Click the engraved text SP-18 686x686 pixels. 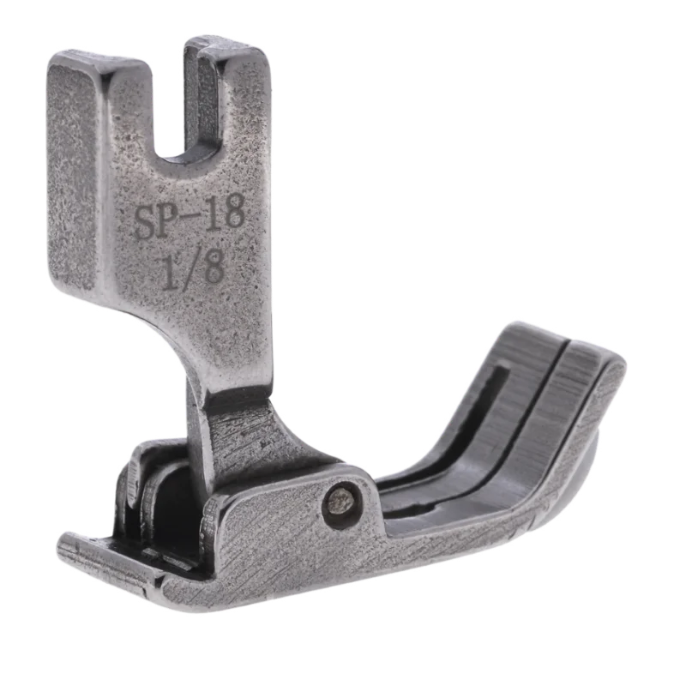(190, 224)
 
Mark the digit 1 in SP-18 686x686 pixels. (213, 222)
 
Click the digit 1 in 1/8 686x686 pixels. (171, 272)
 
